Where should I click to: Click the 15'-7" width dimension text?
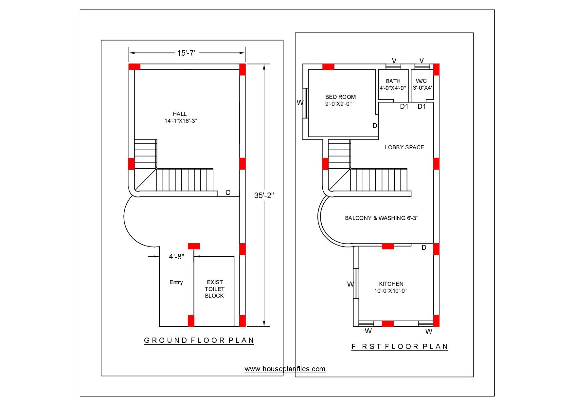click(x=187, y=53)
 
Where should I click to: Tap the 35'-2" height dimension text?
click(x=264, y=195)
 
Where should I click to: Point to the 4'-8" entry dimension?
click(x=176, y=257)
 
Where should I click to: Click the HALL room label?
click(x=180, y=114)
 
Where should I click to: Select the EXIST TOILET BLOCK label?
click(x=214, y=289)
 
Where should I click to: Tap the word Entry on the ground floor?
click(x=176, y=282)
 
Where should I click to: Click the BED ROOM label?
click(x=340, y=97)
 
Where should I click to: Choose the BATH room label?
click(x=393, y=81)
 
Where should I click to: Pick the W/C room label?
click(x=421, y=81)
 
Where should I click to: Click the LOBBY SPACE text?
click(x=404, y=147)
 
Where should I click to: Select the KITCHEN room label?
click(x=391, y=284)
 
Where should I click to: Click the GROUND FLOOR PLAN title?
click(x=199, y=340)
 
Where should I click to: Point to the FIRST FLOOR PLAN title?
click(x=400, y=346)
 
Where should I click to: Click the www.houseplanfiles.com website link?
click(x=285, y=369)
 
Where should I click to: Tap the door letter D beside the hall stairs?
click(x=228, y=193)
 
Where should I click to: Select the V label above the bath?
click(x=394, y=61)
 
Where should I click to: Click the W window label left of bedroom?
click(x=300, y=102)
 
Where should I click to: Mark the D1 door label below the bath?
click(x=404, y=106)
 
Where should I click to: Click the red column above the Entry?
click(x=194, y=246)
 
